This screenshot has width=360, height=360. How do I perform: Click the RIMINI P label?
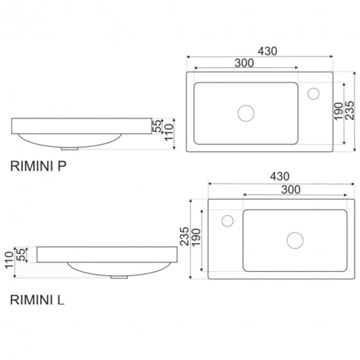coord(39,166)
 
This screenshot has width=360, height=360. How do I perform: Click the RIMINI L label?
coord(37,300)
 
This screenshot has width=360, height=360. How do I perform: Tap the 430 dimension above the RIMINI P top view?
coord(267,51)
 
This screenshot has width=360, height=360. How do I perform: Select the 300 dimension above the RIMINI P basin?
coord(244,63)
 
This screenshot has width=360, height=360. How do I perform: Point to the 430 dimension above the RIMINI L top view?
coord(280,176)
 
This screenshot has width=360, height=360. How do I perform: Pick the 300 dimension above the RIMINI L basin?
coord(291,190)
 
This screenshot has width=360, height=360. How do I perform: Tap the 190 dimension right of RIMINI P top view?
coord(338,111)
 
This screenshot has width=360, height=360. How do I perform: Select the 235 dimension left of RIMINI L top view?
coord(184,237)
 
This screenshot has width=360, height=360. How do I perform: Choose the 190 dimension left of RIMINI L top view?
coord(196,237)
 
